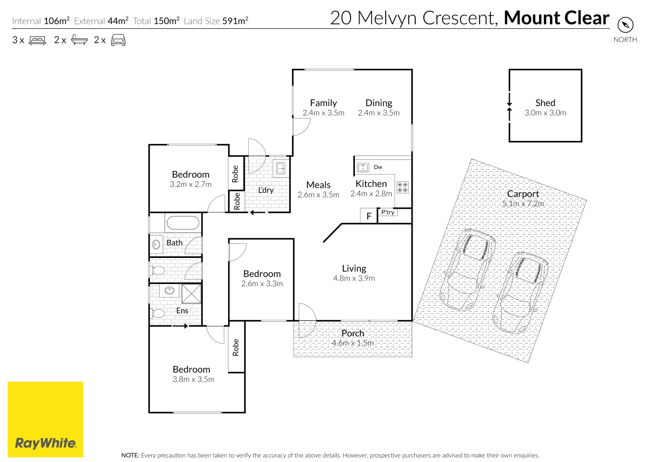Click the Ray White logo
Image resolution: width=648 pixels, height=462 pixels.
(45, 419)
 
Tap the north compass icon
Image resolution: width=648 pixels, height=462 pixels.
(625, 25)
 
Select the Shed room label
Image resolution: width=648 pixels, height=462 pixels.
(545, 103)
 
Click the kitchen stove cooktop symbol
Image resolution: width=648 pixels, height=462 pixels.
(402, 187)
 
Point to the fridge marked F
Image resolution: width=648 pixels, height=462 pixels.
(369, 216)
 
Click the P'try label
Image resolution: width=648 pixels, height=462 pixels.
(388, 212)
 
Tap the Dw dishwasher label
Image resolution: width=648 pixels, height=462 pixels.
(378, 167)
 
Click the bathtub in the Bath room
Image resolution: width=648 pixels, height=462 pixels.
(183, 223)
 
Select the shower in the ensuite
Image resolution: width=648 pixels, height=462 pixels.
(191, 294)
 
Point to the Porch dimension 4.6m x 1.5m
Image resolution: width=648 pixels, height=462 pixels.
(353, 343)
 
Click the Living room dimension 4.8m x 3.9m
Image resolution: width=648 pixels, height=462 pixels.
(354, 278)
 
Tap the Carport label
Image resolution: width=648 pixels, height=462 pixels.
(523, 194)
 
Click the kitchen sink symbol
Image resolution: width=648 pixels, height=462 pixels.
(363, 167)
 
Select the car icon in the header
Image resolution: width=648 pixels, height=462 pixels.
(118, 40)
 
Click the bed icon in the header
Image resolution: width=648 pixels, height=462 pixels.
(37, 40)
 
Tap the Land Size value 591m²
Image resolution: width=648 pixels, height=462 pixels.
(235, 21)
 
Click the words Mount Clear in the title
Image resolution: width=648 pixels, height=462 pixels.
(556, 18)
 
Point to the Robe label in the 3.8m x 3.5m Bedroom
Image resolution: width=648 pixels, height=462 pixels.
(236, 347)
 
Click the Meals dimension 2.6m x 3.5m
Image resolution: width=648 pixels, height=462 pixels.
(318, 195)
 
